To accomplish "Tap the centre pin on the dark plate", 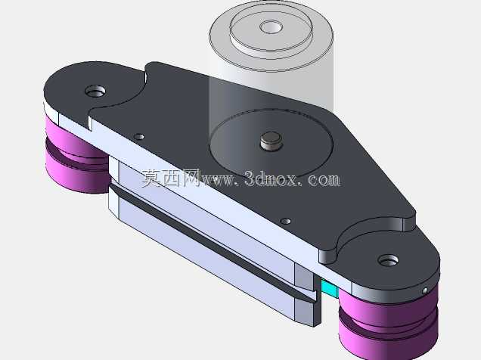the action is pos(271,141).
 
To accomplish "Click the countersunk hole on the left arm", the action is pos(95,91).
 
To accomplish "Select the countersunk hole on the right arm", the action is pos(389,261).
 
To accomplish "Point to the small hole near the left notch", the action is pos(140,136).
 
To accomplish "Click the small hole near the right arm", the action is pos(286,221).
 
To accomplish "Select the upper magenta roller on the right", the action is pos(388,310).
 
